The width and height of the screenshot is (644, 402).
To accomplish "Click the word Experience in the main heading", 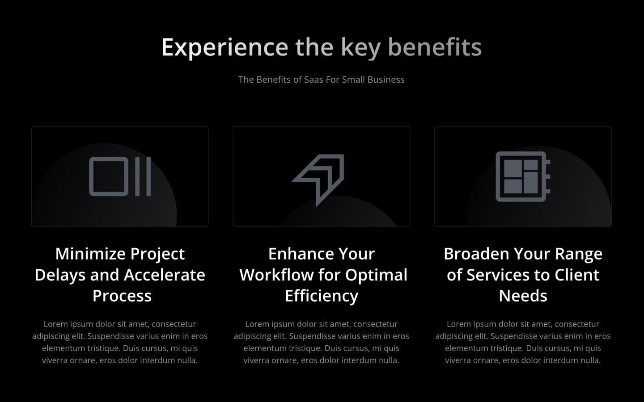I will click(x=225, y=47).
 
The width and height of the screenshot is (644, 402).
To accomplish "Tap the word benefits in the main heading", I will click(x=434, y=47).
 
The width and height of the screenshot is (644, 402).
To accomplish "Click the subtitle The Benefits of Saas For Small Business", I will click(x=321, y=80).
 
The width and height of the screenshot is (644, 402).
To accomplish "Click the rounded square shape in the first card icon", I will click(x=109, y=176).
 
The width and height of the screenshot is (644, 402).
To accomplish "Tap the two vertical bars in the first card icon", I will click(x=143, y=176).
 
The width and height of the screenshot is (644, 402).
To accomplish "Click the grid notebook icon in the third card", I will click(x=522, y=176).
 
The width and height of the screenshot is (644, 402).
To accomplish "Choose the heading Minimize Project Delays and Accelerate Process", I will click(x=120, y=275).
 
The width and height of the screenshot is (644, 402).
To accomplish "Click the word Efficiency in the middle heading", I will click(x=322, y=296).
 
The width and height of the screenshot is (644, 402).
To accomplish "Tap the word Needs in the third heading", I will click(x=523, y=296).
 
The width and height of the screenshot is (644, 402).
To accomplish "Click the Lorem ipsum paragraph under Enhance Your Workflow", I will click(x=321, y=342).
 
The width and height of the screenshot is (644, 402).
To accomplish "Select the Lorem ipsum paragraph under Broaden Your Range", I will click(x=523, y=342).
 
